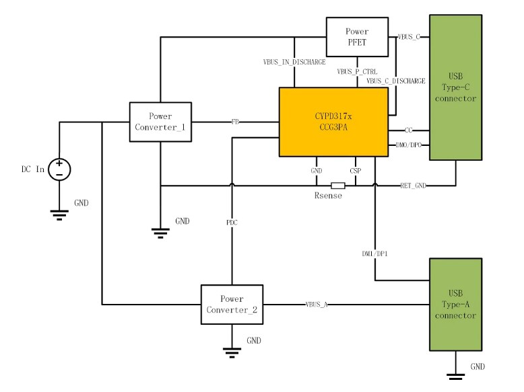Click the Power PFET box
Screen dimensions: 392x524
(x=358, y=36)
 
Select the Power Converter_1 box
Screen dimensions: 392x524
(x=160, y=122)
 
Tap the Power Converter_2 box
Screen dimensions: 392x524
(x=232, y=304)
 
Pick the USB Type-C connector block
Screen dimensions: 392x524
(x=456, y=87)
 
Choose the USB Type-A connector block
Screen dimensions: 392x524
(x=456, y=304)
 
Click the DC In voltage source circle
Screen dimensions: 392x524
(x=59, y=169)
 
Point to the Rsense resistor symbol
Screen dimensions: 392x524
(x=337, y=186)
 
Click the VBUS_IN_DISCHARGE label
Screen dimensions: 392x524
(x=294, y=63)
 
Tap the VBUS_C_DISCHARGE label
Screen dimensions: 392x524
(x=396, y=81)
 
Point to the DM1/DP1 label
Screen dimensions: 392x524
(x=375, y=253)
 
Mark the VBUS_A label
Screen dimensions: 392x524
(x=316, y=305)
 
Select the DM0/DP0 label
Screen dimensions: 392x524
(x=409, y=145)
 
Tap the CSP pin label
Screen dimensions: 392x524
(x=355, y=171)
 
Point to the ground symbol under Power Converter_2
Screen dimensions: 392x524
(x=232, y=350)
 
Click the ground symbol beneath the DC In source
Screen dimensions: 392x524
(x=59, y=214)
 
